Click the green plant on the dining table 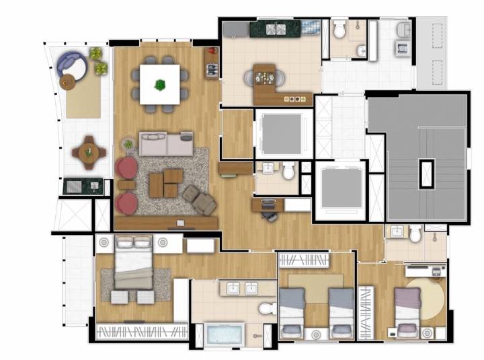coord(160,85)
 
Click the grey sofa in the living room coord(166,143)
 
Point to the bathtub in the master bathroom coord(225,334)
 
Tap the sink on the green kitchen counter coord(276,29)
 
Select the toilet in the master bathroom coord(268,308)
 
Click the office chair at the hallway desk coord(270,215)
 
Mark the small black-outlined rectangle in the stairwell coord(426,174)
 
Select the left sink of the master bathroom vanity coord(233,289)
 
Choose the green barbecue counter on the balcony coord(83,186)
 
